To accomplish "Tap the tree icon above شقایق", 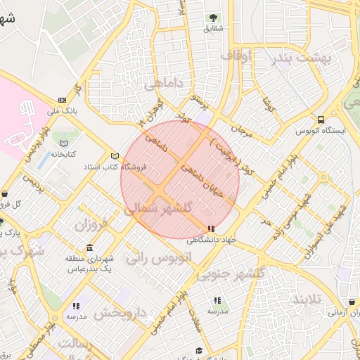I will coord(212,18).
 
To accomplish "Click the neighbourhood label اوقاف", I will coord(235,56).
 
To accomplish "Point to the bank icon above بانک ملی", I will coord(63,100).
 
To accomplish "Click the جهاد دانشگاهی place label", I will coord(210,240).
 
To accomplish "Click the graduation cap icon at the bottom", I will coord(199,350).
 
